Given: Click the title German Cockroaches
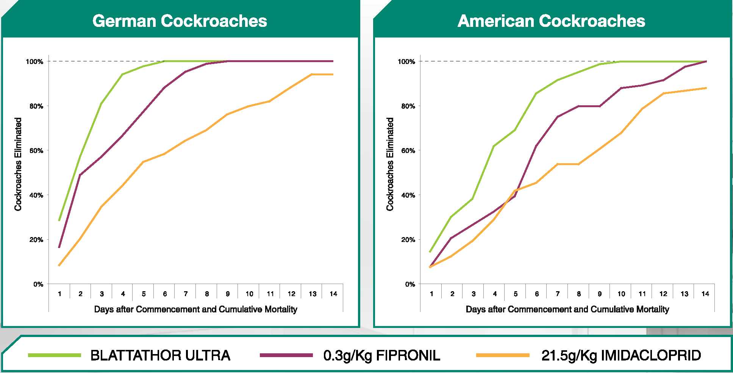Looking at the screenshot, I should pos(180,21).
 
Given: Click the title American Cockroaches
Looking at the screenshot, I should pos(551,21).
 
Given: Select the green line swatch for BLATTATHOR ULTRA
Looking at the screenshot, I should pos(55,355).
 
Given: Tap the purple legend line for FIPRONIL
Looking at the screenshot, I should pos(286,355).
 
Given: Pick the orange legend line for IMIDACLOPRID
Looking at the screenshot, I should pos(503,355).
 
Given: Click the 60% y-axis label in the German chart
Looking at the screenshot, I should pos(36,151).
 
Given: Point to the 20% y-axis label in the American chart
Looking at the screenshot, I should pos(408,240).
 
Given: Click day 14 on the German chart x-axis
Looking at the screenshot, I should pos(333,294).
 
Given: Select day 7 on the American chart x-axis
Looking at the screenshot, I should pos(558,294).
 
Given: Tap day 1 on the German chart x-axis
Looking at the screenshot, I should pos(59,294).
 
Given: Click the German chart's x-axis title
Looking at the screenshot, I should pos(195,309).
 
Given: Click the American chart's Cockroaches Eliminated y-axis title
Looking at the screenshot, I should pos(390,164).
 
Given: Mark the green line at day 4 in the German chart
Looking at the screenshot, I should pos(123,74).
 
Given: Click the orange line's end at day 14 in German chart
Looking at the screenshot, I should pos(333,75).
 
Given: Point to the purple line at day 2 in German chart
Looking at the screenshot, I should pos(80,175).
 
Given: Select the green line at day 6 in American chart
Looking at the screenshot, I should pos(536,93).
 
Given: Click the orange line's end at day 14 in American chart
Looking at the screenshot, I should pos(706,88).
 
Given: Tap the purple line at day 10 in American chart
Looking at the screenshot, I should pos(621,88).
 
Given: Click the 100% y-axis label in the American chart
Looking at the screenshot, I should pos(406,62).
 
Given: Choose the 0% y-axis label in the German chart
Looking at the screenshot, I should pos(38,284).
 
